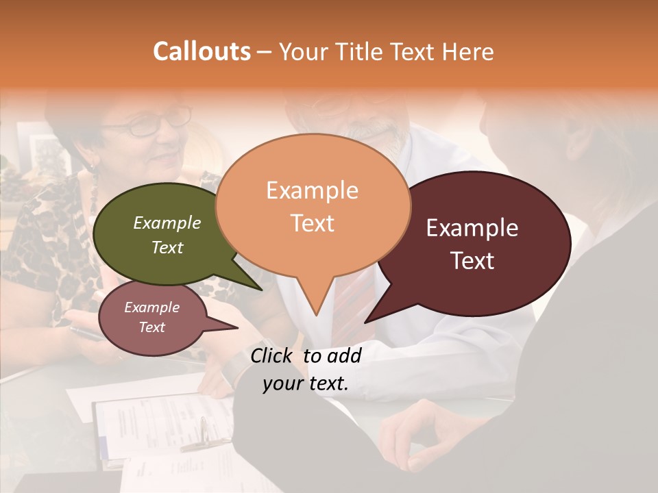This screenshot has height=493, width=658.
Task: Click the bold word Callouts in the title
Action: (x=202, y=51)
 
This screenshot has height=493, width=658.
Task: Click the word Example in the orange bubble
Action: (x=312, y=190)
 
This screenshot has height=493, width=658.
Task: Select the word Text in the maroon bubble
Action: (x=473, y=261)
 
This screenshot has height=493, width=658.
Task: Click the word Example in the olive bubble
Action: (x=167, y=223)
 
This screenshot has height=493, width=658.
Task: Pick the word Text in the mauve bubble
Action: (x=151, y=327)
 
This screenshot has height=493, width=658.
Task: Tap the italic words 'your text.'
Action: (x=306, y=383)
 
